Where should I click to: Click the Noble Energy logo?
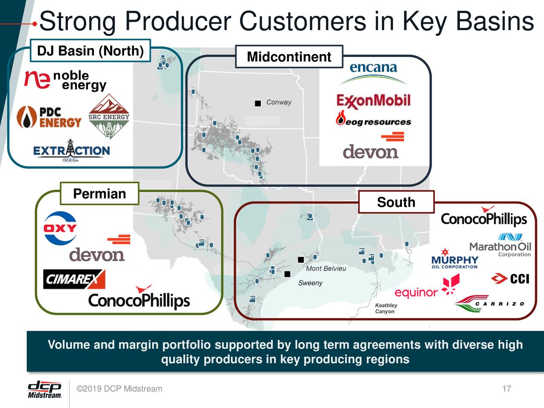click(65, 80)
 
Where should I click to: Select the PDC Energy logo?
click(49, 117)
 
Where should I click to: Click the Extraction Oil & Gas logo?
click(71, 150)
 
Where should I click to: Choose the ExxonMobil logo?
click(374, 101)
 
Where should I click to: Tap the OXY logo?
click(60, 228)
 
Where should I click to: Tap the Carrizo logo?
click(489, 303)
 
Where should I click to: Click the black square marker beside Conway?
click(258, 103)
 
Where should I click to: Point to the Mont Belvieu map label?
click(326, 269)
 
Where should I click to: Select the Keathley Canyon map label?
click(386, 308)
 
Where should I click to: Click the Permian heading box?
click(99, 194)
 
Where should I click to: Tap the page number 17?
click(506, 388)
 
